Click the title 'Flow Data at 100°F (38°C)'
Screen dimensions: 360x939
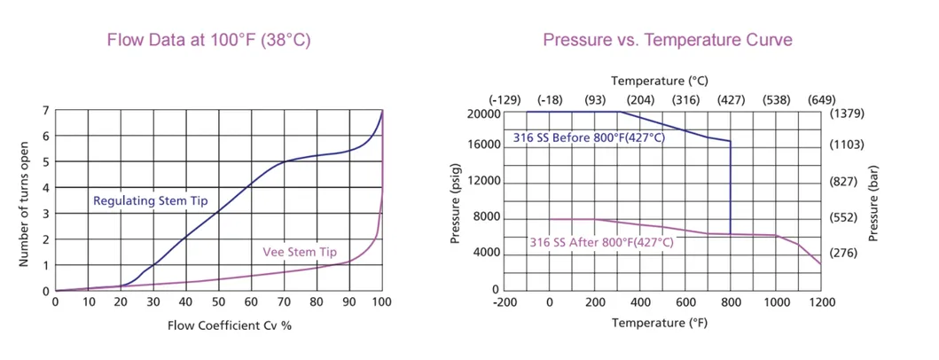tap(208, 40)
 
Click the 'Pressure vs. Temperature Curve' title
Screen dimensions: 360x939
tap(667, 40)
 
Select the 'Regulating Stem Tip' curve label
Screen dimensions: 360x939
tap(151, 201)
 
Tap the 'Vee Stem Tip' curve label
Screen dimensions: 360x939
tap(301, 251)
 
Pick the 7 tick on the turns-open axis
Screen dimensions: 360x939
tap(45, 111)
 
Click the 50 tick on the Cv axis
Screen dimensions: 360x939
tap(219, 302)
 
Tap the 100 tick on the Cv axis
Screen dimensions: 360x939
tap(382, 302)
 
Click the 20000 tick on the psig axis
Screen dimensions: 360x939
tap(482, 113)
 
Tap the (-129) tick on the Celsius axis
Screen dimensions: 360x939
tap(505, 98)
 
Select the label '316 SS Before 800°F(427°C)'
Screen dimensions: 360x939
tap(588, 137)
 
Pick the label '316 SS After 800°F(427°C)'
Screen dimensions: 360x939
tap(601, 242)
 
